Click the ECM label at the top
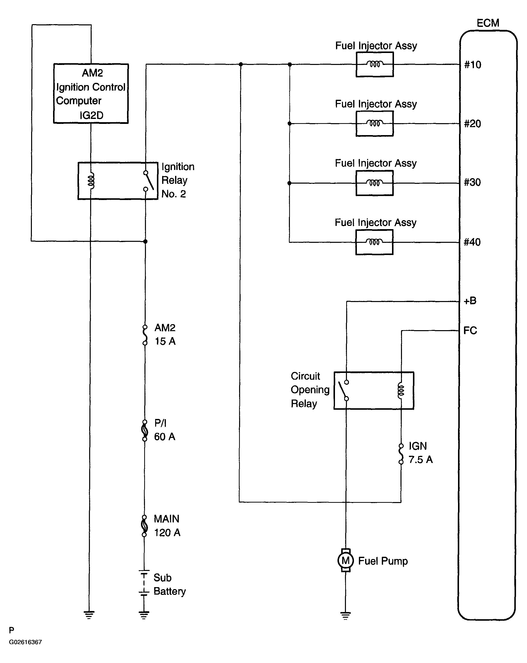(x=488, y=23)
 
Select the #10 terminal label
(x=472, y=65)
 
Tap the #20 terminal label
(x=472, y=124)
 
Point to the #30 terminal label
(x=472, y=182)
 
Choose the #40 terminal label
(x=472, y=242)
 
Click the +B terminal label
(x=470, y=301)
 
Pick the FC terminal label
(x=470, y=331)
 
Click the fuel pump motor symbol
(x=345, y=561)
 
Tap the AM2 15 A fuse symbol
(x=145, y=335)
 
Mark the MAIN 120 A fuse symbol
(x=144, y=526)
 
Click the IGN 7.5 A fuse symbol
(x=401, y=454)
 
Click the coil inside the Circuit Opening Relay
(x=401, y=391)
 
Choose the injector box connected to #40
(x=374, y=242)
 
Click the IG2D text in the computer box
(x=91, y=115)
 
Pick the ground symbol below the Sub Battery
(x=144, y=615)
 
